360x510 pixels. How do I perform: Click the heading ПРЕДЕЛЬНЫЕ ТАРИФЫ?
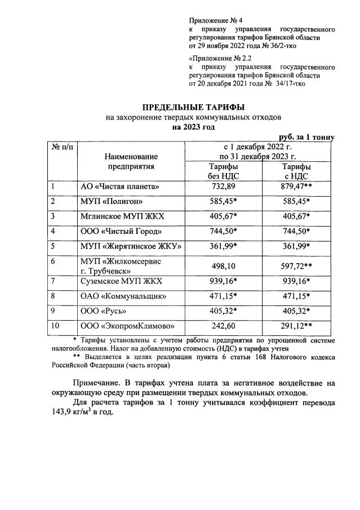tap(193, 107)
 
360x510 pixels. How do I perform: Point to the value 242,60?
tap(223, 325)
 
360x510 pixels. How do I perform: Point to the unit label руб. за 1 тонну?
tap(307, 137)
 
